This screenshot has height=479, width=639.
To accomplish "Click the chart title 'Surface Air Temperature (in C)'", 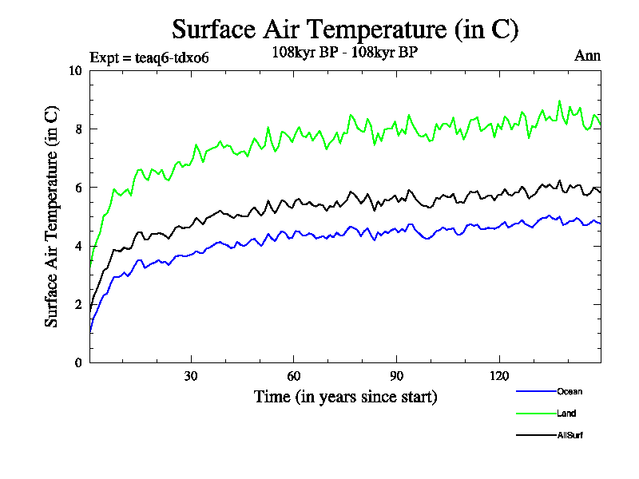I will click(x=345, y=30).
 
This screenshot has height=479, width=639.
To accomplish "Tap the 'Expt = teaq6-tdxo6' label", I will click(x=149, y=57).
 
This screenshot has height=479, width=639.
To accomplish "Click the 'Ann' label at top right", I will click(x=587, y=56).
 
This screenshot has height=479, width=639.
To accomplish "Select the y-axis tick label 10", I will click(x=76, y=70).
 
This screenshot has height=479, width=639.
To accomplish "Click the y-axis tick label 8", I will click(x=78, y=129).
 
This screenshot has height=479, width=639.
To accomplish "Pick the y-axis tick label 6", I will click(x=78, y=188).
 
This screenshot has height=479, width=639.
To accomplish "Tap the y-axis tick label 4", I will click(x=78, y=246).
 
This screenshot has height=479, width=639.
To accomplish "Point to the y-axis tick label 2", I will click(x=78, y=304).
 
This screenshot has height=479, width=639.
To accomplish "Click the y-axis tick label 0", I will click(x=78, y=362).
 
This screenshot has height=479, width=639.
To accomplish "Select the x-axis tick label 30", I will click(x=191, y=376).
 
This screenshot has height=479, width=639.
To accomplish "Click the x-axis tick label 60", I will click(x=294, y=376).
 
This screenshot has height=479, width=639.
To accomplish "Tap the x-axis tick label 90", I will click(x=396, y=376).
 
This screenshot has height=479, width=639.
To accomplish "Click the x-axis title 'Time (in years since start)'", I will click(x=345, y=397).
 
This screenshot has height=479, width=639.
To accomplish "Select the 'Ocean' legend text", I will click(x=570, y=391).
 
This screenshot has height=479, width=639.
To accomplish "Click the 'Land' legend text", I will click(x=566, y=414).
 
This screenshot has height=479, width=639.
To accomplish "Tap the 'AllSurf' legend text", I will click(x=570, y=435).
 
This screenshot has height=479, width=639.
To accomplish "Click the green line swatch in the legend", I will click(x=536, y=414).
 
